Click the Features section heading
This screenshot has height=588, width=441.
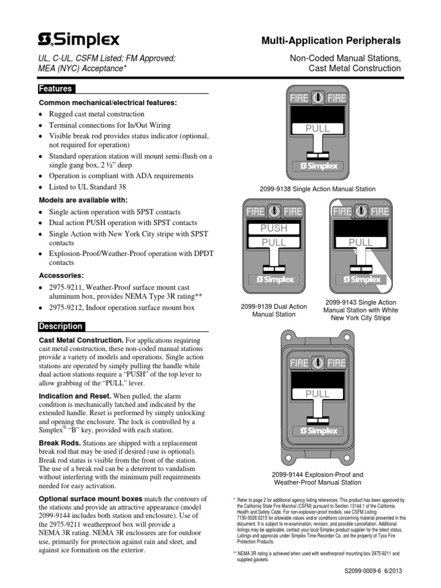(55, 89)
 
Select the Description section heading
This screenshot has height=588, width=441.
(60, 326)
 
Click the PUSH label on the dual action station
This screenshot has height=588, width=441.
(274, 229)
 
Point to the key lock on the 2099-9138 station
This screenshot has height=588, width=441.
(318, 98)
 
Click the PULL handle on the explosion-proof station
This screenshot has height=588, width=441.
(318, 394)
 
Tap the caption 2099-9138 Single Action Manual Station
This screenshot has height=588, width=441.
(318, 188)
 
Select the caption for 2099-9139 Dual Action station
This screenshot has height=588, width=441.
(273, 311)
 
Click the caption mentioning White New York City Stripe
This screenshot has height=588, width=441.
(360, 310)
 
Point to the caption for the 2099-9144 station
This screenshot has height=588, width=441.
(318, 478)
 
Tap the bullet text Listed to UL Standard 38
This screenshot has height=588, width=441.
(88, 187)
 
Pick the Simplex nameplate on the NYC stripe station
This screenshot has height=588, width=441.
(362, 280)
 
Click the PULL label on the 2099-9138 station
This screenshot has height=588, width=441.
(318, 129)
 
